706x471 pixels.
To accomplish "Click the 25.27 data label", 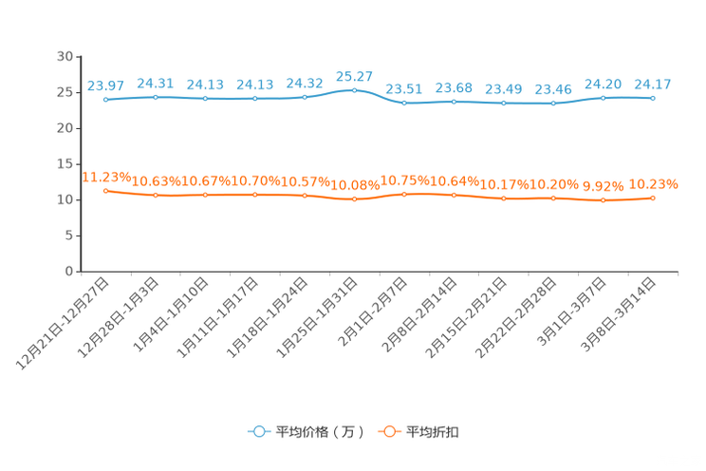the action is pos(354,77).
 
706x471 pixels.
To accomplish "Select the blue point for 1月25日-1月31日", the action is pos(354,90).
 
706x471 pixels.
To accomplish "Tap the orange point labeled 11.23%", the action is pos(106,191).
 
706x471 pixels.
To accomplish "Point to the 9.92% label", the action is pos(604,186).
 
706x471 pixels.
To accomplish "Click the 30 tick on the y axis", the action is pos(65,56).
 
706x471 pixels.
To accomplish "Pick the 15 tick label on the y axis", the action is pos(65,164).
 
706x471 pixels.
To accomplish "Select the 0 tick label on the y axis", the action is pos(69,272).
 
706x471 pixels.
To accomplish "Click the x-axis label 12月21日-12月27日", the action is pos(63,324).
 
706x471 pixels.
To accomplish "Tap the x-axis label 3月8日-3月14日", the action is pos(618,314).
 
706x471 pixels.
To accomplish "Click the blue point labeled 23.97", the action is pos(106,100).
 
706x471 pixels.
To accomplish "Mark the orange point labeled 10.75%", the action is pos(404,195).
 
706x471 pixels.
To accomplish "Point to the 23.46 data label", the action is pos(553,89).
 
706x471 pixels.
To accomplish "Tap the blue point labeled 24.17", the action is pos(653,98).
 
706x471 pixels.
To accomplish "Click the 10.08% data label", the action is pos(355,185).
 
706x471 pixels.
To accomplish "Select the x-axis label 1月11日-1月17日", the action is pos(217,318).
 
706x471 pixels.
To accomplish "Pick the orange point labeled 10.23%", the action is pos(653,198).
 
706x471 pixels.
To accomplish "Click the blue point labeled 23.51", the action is pos(404,103).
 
